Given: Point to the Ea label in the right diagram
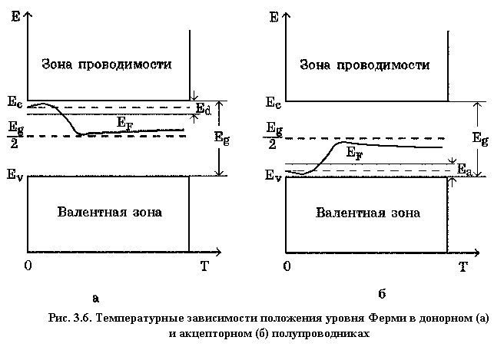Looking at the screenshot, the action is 464,169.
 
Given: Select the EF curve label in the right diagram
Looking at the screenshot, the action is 355,153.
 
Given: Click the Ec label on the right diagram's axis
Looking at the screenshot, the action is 273,101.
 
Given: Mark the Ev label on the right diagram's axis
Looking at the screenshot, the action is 273,176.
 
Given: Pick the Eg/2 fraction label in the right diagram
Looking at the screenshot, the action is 273,136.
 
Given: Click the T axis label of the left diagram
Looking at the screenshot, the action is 204,266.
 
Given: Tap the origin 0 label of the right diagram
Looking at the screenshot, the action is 287,266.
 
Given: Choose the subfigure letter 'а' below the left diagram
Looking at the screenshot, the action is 95,297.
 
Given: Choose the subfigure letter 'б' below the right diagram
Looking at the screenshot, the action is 381,294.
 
